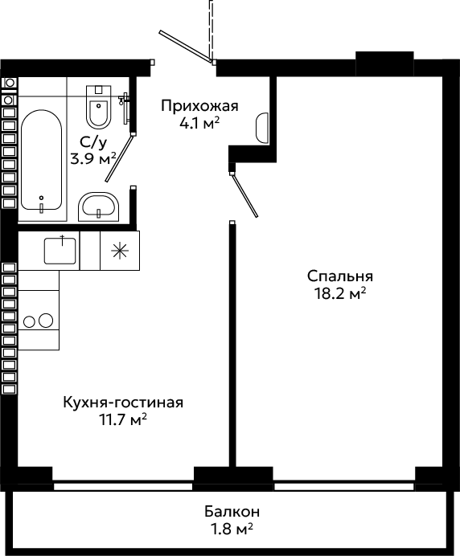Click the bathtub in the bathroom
point(41,160)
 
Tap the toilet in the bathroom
point(99,107)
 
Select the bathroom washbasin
point(99,206)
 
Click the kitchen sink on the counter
point(60,251)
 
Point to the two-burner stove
point(39,321)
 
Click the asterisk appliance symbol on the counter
point(120,251)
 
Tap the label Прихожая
point(199,106)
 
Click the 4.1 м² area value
point(199,124)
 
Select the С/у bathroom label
point(93,142)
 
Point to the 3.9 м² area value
point(93,159)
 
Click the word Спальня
point(340,276)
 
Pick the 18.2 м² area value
point(340,293)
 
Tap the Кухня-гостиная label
point(123,403)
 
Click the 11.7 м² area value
point(123,420)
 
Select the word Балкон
point(232,512)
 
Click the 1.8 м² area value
point(232,529)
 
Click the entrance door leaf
point(186,47)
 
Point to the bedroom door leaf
point(244,194)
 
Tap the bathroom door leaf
point(119,157)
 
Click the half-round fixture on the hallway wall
point(262,128)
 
